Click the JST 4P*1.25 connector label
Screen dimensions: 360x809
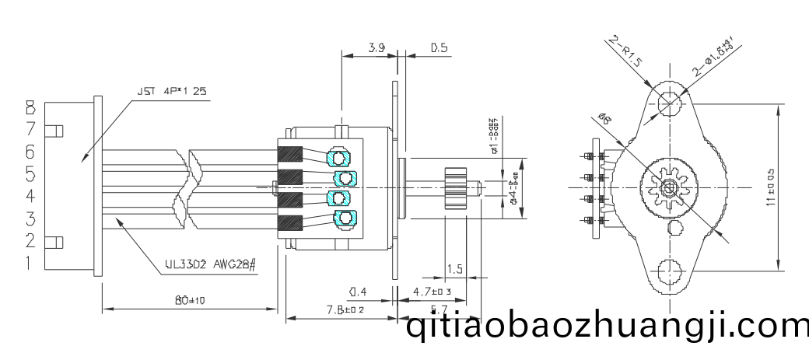tap(172, 91)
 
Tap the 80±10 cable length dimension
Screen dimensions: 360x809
tap(189, 301)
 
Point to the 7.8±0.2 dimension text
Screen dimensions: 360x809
tap(346, 309)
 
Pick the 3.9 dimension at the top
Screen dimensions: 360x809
tap(377, 48)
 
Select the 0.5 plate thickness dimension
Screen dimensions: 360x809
tap(440, 48)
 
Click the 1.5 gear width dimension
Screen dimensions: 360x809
tap(455, 269)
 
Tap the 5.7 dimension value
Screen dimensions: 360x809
tap(439, 309)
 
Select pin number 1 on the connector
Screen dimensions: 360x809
tap(30, 263)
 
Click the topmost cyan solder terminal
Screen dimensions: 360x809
tap(339, 158)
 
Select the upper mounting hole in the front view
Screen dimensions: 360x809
tap(667, 102)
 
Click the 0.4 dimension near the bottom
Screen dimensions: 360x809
tap(358, 292)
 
